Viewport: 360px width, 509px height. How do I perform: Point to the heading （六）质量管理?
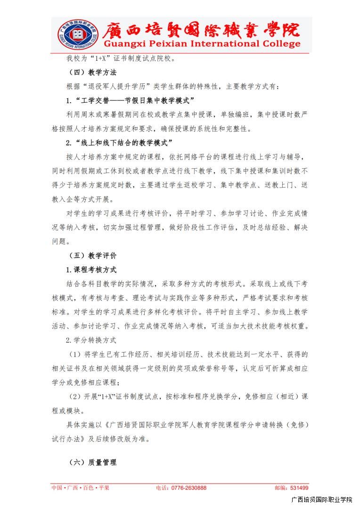click(x=92, y=462)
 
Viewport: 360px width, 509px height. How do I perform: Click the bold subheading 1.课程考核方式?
click(x=91, y=270)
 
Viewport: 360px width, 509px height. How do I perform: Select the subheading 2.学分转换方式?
click(x=91, y=340)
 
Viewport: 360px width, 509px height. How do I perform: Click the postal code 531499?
click(x=299, y=488)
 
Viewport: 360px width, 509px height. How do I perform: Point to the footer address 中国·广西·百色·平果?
click(x=80, y=488)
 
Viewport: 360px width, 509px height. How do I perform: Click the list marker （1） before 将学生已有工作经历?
click(x=75, y=354)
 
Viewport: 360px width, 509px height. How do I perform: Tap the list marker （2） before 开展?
click(x=75, y=396)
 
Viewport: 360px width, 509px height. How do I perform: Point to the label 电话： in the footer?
click(x=163, y=488)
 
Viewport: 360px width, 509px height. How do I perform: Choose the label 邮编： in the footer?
click(x=282, y=488)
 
